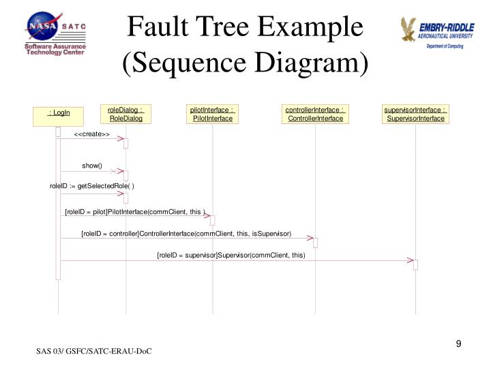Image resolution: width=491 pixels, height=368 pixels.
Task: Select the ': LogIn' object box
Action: [59, 117]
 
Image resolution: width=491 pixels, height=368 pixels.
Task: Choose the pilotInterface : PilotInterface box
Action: [213, 114]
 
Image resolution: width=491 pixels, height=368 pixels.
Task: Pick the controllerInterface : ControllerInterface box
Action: [315, 114]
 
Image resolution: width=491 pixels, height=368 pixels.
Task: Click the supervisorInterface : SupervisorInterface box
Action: [415, 114]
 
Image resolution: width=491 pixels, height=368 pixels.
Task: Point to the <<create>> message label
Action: [92, 134]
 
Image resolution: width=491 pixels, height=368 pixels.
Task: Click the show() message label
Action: [92, 166]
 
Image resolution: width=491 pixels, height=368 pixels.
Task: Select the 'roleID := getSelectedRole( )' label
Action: [92, 186]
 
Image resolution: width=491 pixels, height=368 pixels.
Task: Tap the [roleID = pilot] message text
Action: [135, 212]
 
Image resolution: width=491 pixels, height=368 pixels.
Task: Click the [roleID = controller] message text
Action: [186, 234]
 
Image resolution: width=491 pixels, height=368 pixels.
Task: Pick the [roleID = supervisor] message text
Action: [231, 255]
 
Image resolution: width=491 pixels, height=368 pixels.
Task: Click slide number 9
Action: [459, 343]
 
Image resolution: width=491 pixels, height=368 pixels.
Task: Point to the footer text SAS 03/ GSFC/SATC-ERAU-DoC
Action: [93, 351]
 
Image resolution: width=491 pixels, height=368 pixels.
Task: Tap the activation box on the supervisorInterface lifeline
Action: [415, 265]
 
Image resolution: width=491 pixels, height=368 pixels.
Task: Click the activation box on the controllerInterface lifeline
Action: [316, 243]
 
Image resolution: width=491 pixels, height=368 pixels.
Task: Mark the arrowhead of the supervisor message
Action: [411, 260]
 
